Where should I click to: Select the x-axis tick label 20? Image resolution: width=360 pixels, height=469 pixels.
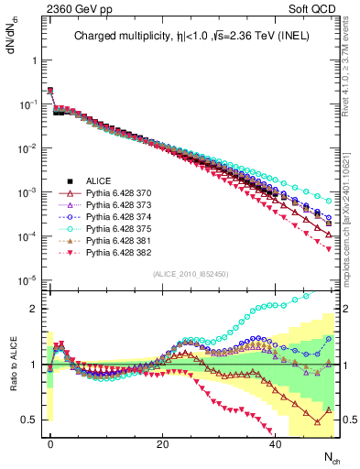tap(162, 443)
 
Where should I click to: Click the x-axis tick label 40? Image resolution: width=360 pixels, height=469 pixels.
tap(275, 443)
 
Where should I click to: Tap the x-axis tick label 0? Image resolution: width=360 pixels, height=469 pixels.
tap(50, 443)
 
